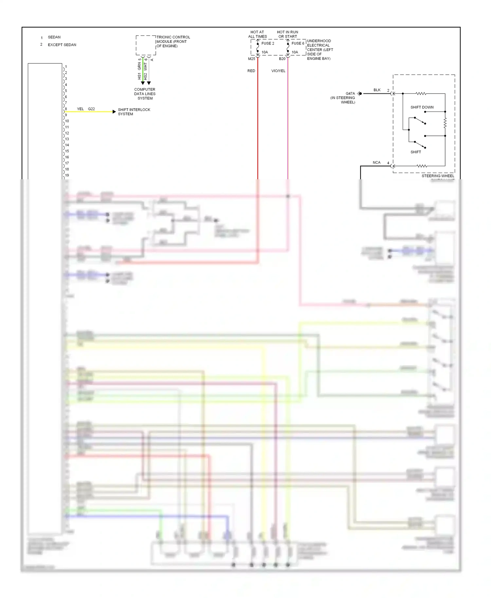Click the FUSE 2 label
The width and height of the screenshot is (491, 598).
coord(267,43)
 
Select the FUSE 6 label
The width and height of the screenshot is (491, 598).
coord(298,43)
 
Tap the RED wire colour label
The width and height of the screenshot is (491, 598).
coord(251,71)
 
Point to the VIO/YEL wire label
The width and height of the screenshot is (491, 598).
coord(278,71)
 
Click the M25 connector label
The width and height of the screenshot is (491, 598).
coord(251,59)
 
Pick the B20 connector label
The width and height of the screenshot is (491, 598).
coord(282,59)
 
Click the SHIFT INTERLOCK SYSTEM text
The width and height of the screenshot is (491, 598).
coord(134,112)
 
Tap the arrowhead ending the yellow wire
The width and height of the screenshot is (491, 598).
coord(114,112)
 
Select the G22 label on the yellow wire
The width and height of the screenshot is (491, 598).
coord(91,109)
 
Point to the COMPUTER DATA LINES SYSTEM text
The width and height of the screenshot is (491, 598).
coord(145,94)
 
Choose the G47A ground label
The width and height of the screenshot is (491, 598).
coord(350,94)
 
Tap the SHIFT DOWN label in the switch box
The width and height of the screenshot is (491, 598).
coord(422,107)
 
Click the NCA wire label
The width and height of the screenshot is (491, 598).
coord(376,163)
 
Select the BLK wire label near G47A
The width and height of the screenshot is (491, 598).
coord(377,90)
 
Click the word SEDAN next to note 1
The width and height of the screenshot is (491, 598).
coord(54,37)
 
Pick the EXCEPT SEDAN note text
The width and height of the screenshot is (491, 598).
coord(62,45)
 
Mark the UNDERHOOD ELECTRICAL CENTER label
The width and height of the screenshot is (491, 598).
coord(319,50)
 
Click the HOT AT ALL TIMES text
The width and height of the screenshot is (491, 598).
coord(257,34)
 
